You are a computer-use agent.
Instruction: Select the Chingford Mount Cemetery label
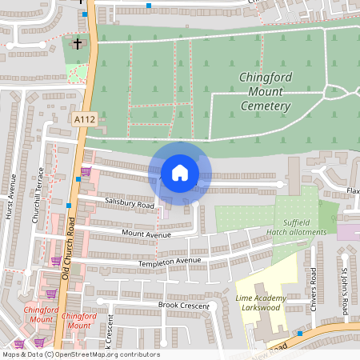[x=265, y=92]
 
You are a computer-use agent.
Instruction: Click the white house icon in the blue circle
[x=180, y=172]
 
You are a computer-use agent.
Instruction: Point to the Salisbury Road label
[x=130, y=204]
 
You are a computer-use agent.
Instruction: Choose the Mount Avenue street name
[x=146, y=234]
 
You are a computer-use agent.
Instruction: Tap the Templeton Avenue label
[x=169, y=262]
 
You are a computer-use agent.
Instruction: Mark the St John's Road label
[x=345, y=290]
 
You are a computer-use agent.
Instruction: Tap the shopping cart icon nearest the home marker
[x=86, y=171]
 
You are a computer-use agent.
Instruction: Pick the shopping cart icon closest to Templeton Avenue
[x=56, y=260]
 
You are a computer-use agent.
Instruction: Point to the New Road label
[x=277, y=346]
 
